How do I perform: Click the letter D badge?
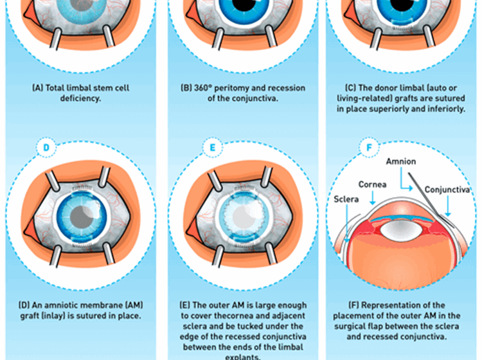pos(46,147)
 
